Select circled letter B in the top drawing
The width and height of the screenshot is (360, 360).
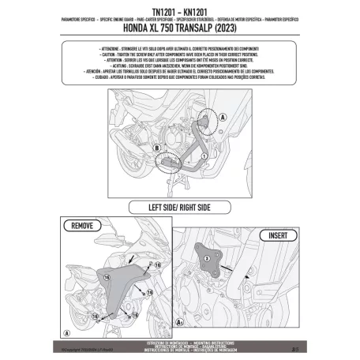pos(136,146)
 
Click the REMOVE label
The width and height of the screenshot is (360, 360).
pos(83,227)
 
